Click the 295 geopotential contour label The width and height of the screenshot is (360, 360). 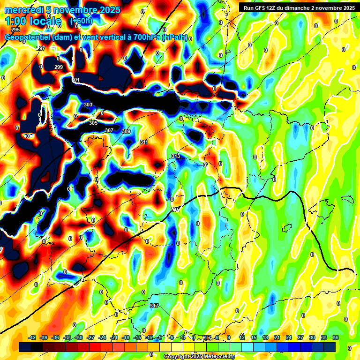pyautogui.click(x=15, y=30)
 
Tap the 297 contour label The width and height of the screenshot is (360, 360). pyautogui.click(x=41, y=49)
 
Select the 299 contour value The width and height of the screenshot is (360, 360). pyautogui.click(x=59, y=67)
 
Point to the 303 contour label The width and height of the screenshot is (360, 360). pyautogui.click(x=88, y=105)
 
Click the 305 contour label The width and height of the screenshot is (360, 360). pyautogui.click(x=93, y=123)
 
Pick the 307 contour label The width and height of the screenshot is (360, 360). pyautogui.click(x=109, y=130)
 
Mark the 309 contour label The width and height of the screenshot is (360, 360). pyautogui.click(x=126, y=131)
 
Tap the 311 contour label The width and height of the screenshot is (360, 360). pyautogui.click(x=144, y=142)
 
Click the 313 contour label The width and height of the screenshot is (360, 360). pyautogui.click(x=176, y=156)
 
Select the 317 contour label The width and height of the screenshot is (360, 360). pyautogui.click(x=154, y=306)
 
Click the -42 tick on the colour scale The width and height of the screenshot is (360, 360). pyautogui.click(x=32, y=337)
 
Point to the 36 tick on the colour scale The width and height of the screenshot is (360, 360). pyautogui.click(x=336, y=337)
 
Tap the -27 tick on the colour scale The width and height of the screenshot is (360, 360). pyautogui.click(x=90, y=337)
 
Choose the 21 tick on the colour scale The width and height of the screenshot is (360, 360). pyautogui.click(x=277, y=337)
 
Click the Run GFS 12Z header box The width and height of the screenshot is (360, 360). pyautogui.click(x=297, y=8)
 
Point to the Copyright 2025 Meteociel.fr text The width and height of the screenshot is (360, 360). pyautogui.click(x=199, y=356)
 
